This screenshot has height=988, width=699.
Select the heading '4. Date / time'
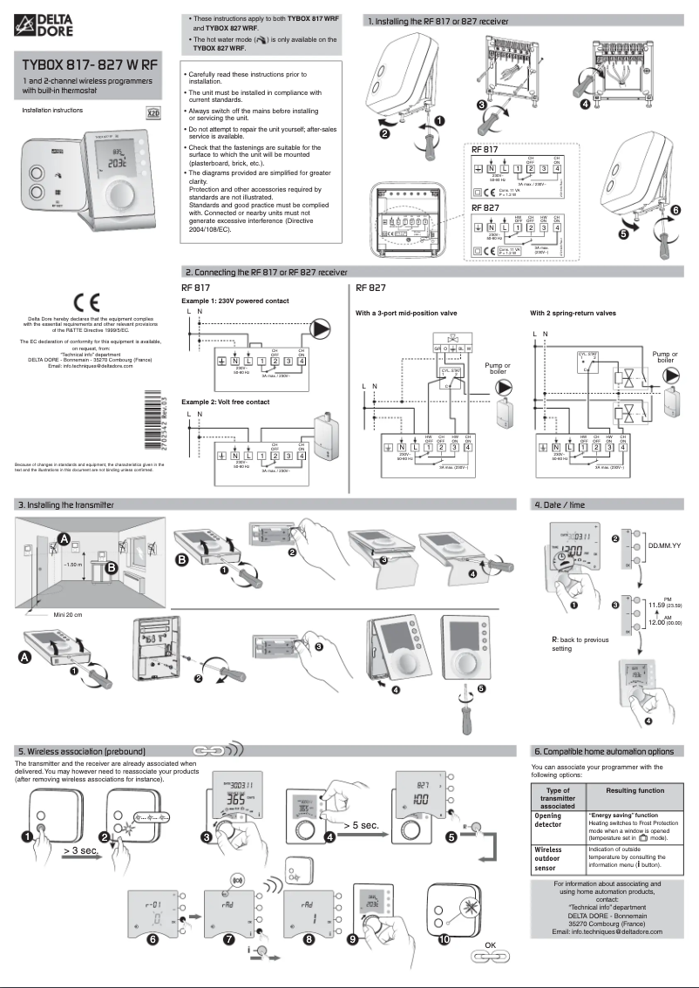[x=564, y=504]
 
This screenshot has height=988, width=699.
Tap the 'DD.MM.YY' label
[x=664, y=545]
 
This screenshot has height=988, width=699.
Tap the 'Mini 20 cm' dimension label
[x=68, y=613]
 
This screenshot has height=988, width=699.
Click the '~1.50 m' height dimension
[x=73, y=565]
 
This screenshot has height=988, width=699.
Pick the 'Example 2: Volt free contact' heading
[x=225, y=402]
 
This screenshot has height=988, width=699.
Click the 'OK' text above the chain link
[x=490, y=945]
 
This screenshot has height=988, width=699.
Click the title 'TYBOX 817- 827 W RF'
[x=90, y=64]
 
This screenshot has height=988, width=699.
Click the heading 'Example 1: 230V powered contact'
[x=234, y=301]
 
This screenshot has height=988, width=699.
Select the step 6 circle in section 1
[x=675, y=210]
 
